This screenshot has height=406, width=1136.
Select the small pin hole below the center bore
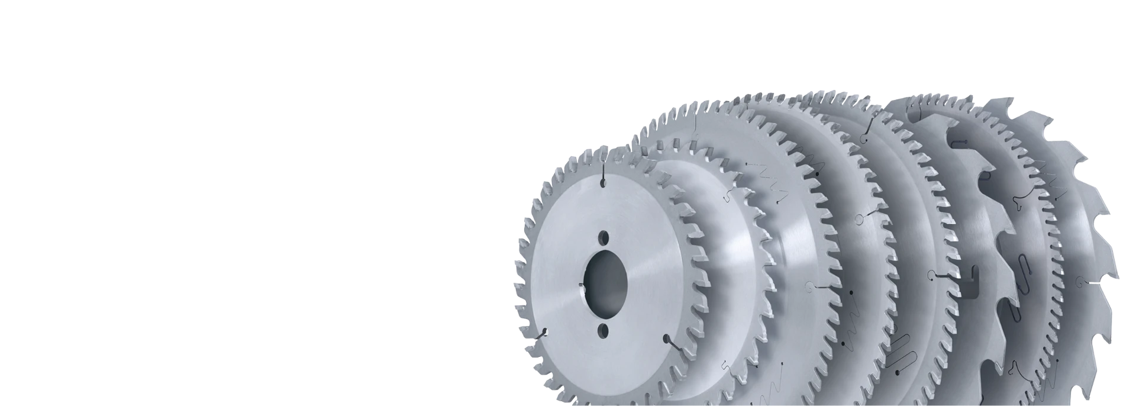tap(604, 329)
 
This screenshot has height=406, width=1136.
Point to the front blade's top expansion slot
tap(602, 175)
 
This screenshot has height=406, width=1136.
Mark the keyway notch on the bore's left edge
tap(582, 286)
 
